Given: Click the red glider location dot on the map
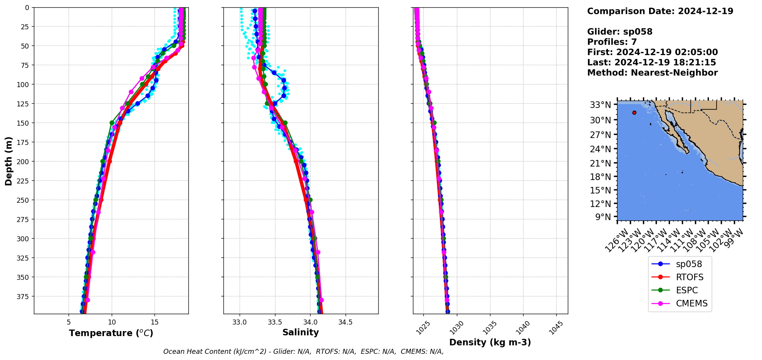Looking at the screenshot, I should (x=634, y=113).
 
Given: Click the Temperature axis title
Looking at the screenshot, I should (x=111, y=333).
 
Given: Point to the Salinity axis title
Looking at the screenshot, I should (x=300, y=333).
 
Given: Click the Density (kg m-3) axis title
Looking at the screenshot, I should (x=490, y=342).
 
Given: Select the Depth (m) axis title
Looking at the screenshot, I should (x=8, y=161).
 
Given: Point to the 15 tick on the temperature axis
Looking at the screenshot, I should (x=154, y=322).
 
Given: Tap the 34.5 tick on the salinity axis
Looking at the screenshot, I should (x=345, y=322).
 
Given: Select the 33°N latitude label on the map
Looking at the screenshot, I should (x=600, y=105).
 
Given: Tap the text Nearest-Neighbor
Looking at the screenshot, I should (x=674, y=73).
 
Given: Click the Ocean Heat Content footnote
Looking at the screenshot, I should (x=303, y=352).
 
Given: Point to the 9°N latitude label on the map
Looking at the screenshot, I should (x=603, y=217).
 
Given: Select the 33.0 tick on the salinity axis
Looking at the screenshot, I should (x=240, y=322).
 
